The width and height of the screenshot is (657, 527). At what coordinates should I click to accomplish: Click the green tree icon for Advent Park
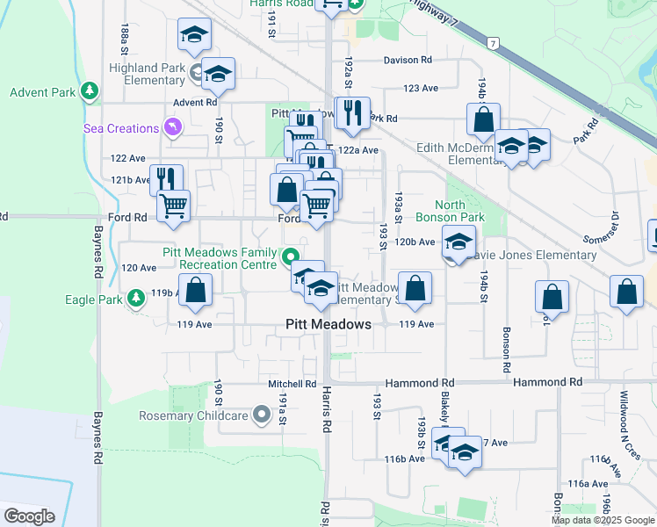(89, 91)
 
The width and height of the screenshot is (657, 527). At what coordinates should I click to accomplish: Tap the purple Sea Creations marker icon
(174, 129)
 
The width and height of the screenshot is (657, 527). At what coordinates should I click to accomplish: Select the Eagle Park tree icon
(136, 300)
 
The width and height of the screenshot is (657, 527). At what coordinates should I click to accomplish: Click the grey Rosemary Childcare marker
(261, 415)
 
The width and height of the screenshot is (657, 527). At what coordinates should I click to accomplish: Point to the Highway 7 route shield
(495, 42)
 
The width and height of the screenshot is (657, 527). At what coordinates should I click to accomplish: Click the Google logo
(29, 516)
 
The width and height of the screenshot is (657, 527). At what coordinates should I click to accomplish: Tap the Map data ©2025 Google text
(603, 520)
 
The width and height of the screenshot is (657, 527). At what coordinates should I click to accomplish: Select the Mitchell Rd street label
(292, 384)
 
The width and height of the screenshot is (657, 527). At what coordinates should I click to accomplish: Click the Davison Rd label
(408, 60)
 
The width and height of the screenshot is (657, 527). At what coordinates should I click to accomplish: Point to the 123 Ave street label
(420, 89)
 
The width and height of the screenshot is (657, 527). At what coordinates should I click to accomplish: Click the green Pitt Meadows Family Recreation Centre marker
(289, 258)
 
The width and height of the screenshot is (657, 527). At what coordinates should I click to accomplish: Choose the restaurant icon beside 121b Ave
(166, 177)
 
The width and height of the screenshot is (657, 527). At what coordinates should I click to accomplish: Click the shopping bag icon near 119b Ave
(196, 289)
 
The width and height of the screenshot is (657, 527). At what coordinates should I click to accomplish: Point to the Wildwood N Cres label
(630, 425)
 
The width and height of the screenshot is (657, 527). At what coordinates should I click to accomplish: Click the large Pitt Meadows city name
(328, 324)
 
